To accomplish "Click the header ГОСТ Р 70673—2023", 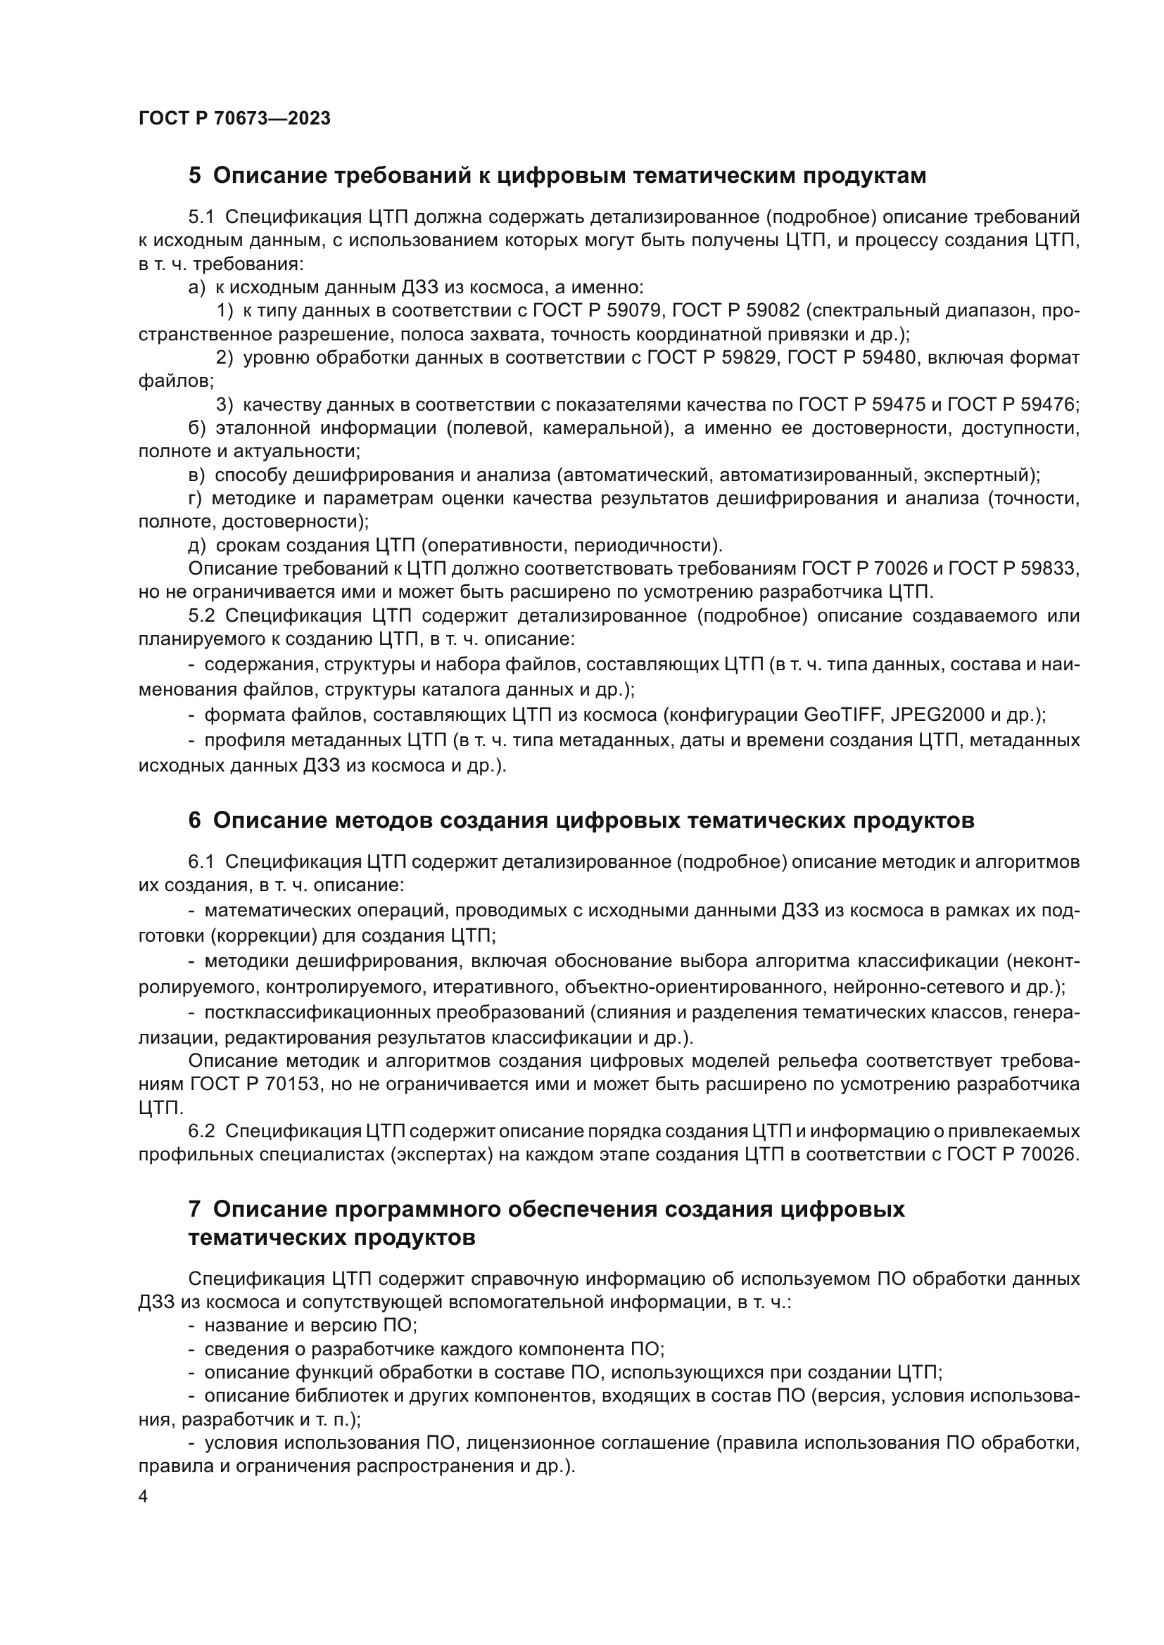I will pos(234,118).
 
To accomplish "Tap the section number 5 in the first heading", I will pos(195,176).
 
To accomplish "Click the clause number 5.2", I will pos(201,616).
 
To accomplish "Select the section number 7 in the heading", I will pos(195,1210).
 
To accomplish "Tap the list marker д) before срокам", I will pos(197,545).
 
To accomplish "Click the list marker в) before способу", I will pos(197,475).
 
